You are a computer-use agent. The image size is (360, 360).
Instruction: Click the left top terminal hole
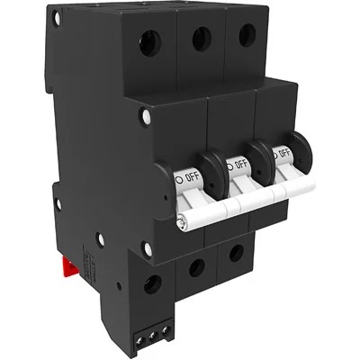point(149,42)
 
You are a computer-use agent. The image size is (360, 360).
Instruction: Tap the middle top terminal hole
point(202,37)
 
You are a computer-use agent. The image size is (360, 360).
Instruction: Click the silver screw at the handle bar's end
point(184,221)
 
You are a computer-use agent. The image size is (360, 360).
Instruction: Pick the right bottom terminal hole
point(236,253)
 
